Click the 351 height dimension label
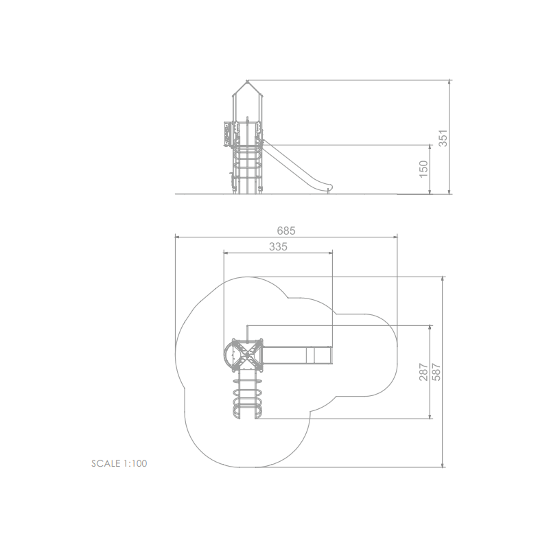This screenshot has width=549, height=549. [x=443, y=139]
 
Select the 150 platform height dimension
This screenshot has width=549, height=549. [x=423, y=169]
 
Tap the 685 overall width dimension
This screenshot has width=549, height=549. [x=286, y=231]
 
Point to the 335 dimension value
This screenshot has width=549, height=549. [x=278, y=247]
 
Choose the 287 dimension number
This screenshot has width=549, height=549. [x=423, y=372]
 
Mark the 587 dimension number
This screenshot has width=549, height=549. [x=436, y=372]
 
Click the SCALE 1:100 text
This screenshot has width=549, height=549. [x=119, y=464]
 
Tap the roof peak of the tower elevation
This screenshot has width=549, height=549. [x=247, y=81]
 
